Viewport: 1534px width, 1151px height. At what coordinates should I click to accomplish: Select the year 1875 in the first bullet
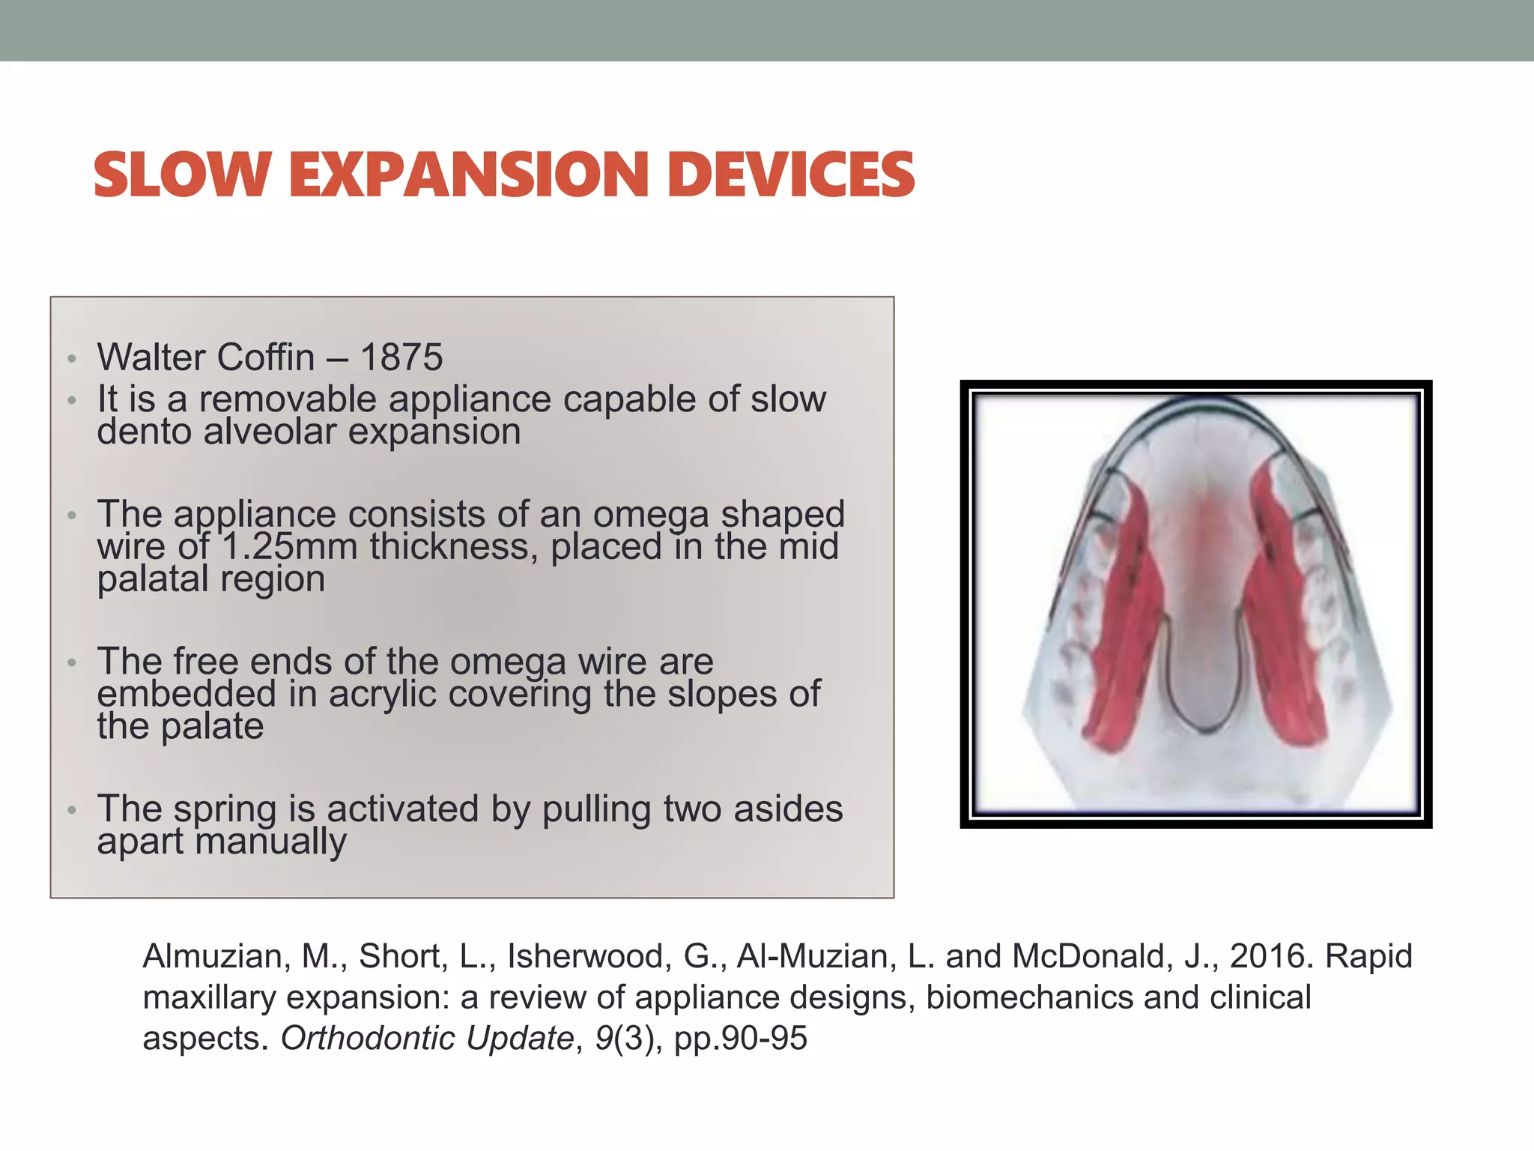tap(401, 357)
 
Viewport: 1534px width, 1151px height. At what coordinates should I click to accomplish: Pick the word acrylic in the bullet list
tap(382, 694)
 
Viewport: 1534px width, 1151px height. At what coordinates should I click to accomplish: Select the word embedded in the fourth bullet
tap(187, 694)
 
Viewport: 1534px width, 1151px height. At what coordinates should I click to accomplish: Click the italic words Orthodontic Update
tap(427, 1039)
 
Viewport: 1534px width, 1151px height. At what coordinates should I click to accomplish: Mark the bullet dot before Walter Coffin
tap(72, 359)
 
